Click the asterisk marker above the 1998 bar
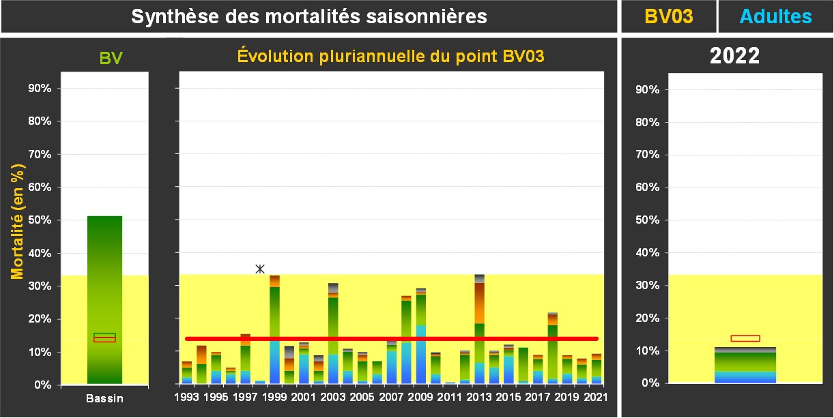click(x=260, y=269)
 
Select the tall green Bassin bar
click(x=104, y=299)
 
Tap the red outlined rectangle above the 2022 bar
click(x=745, y=338)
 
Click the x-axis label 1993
click(x=186, y=396)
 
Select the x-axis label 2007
click(x=392, y=396)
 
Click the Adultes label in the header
click(x=776, y=17)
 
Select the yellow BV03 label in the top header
click(x=669, y=17)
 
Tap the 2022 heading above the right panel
click(x=734, y=56)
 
